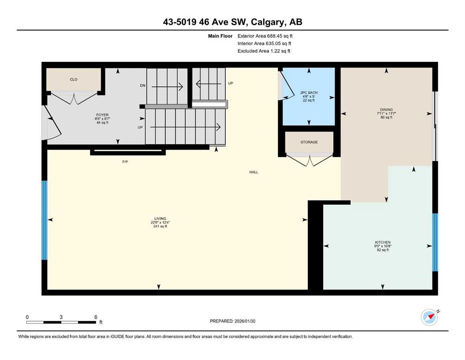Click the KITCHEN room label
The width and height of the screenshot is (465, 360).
pos(383,242)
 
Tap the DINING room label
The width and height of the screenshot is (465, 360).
pos(386,110)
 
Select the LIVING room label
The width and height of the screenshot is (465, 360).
pos(160,218)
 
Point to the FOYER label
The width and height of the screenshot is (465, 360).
pos(102,115)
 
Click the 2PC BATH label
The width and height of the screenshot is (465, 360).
pos(309,93)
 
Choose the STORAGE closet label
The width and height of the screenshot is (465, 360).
pos(309,142)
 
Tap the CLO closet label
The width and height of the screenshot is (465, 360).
pos(74,80)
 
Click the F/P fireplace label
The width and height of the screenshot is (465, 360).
pos(125,162)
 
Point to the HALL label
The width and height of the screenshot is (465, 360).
pos(253,172)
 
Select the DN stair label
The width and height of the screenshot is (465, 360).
pos(143,85)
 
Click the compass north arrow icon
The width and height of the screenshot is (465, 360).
pos(429,317)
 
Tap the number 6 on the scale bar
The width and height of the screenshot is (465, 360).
pos(96,317)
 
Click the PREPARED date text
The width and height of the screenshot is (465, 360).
pos(232,321)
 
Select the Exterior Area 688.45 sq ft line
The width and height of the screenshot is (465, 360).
pos(265,36)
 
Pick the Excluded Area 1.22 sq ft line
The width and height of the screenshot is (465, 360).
pos(264,51)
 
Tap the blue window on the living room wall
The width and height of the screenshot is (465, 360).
pos(44,220)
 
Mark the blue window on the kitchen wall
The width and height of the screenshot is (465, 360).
pos(435,242)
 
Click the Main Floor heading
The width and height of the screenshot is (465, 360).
pos(220,36)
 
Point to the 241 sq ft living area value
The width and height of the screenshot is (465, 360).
pos(160,226)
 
